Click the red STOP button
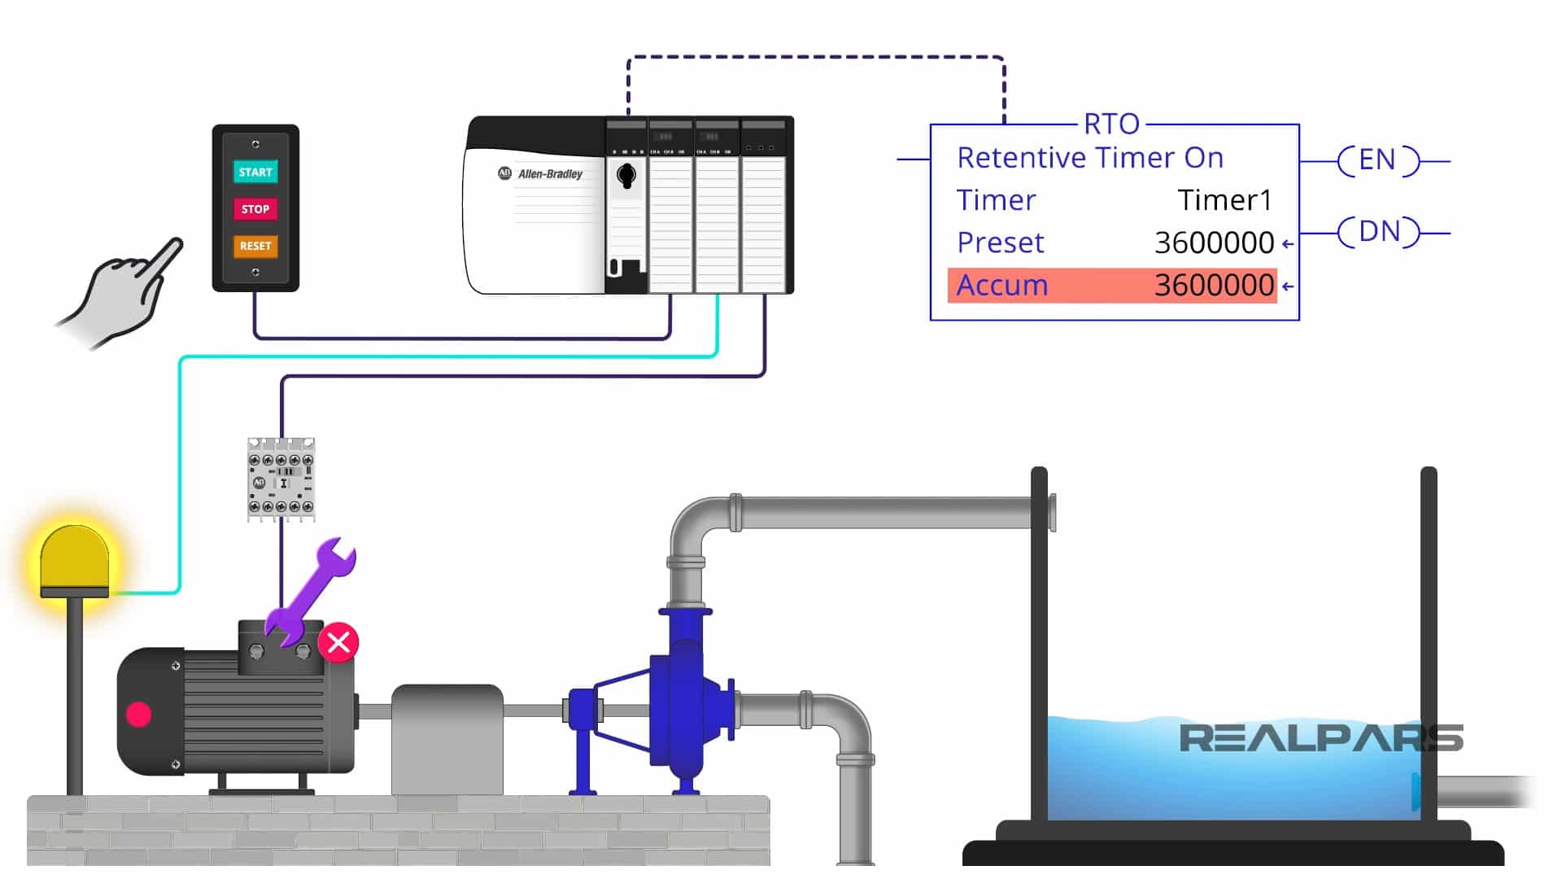pyautogui.click(x=255, y=209)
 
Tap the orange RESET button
pyautogui.click(x=255, y=246)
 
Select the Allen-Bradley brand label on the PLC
pyautogui.click(x=550, y=174)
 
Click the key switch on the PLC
pyautogui.click(x=626, y=175)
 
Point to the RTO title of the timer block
pyautogui.click(x=1111, y=125)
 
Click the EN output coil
pyautogui.click(x=1377, y=160)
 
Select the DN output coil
pyautogui.click(x=1378, y=232)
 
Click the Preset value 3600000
pyautogui.click(x=1214, y=243)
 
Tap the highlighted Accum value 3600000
pyautogui.click(x=1214, y=286)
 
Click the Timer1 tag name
pyautogui.click(x=1224, y=200)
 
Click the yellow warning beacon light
pyautogui.click(x=74, y=559)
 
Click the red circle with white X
pyautogui.click(x=338, y=642)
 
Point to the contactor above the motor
pyautogui.click(x=281, y=479)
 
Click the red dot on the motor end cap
pyautogui.click(x=139, y=714)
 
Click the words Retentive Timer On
pyautogui.click(x=1090, y=158)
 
